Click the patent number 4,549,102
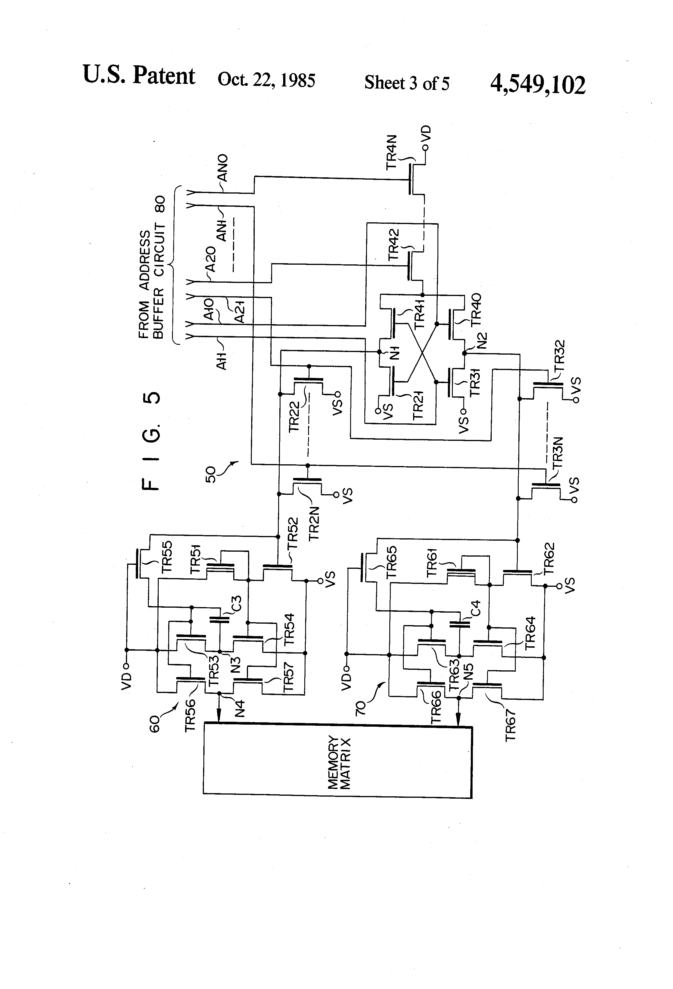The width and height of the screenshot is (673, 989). click(x=538, y=84)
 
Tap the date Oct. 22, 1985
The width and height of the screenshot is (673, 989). click(x=266, y=80)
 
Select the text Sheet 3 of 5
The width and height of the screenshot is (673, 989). click(x=406, y=82)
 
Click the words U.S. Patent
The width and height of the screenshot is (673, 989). click(x=139, y=75)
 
